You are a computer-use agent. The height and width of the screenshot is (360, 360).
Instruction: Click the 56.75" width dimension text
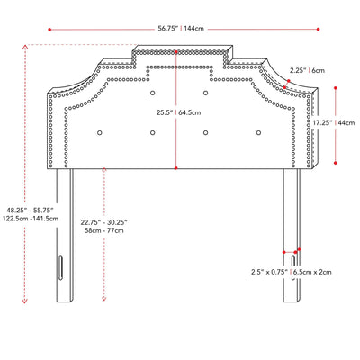(168, 29)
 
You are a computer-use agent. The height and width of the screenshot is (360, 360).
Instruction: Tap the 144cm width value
(194, 29)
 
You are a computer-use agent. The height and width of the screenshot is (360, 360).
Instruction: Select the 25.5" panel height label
(165, 112)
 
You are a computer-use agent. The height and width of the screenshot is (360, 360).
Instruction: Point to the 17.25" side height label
(323, 122)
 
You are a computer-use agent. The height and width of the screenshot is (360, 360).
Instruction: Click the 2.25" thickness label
(298, 71)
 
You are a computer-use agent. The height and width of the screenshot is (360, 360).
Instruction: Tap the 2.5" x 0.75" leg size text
(269, 272)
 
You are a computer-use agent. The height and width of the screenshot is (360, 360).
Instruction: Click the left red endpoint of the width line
(49, 30)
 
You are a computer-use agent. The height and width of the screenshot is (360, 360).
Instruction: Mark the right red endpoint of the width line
(318, 30)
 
